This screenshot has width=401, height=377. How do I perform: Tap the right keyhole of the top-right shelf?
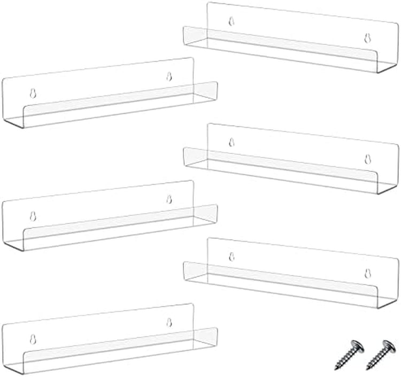(367, 37)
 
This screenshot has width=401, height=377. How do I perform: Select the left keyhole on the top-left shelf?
(33, 93)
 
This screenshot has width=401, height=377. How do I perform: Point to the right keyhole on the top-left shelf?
(169, 75)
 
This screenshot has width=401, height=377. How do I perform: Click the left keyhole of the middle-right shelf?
(232, 142)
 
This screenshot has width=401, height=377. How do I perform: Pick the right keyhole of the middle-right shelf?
(367, 158)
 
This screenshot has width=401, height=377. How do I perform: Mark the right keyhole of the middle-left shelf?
(169, 199)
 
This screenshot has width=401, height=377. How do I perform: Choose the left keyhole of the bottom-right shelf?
(232, 257)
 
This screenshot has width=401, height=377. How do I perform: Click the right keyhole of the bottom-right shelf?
(367, 273)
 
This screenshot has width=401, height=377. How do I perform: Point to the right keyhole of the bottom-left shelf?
(169, 322)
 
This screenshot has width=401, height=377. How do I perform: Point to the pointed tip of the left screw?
(337, 369)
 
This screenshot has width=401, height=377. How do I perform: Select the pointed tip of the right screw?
(368, 369)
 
